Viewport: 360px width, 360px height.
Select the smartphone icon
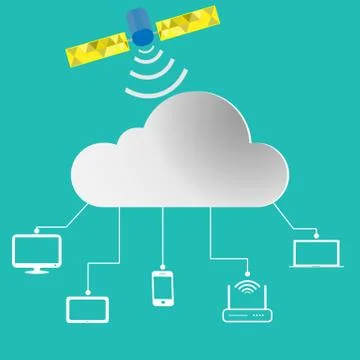(x=164, y=287)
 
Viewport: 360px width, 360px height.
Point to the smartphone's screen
(x=164, y=286)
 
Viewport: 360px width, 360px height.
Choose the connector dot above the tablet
(x=86, y=291)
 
